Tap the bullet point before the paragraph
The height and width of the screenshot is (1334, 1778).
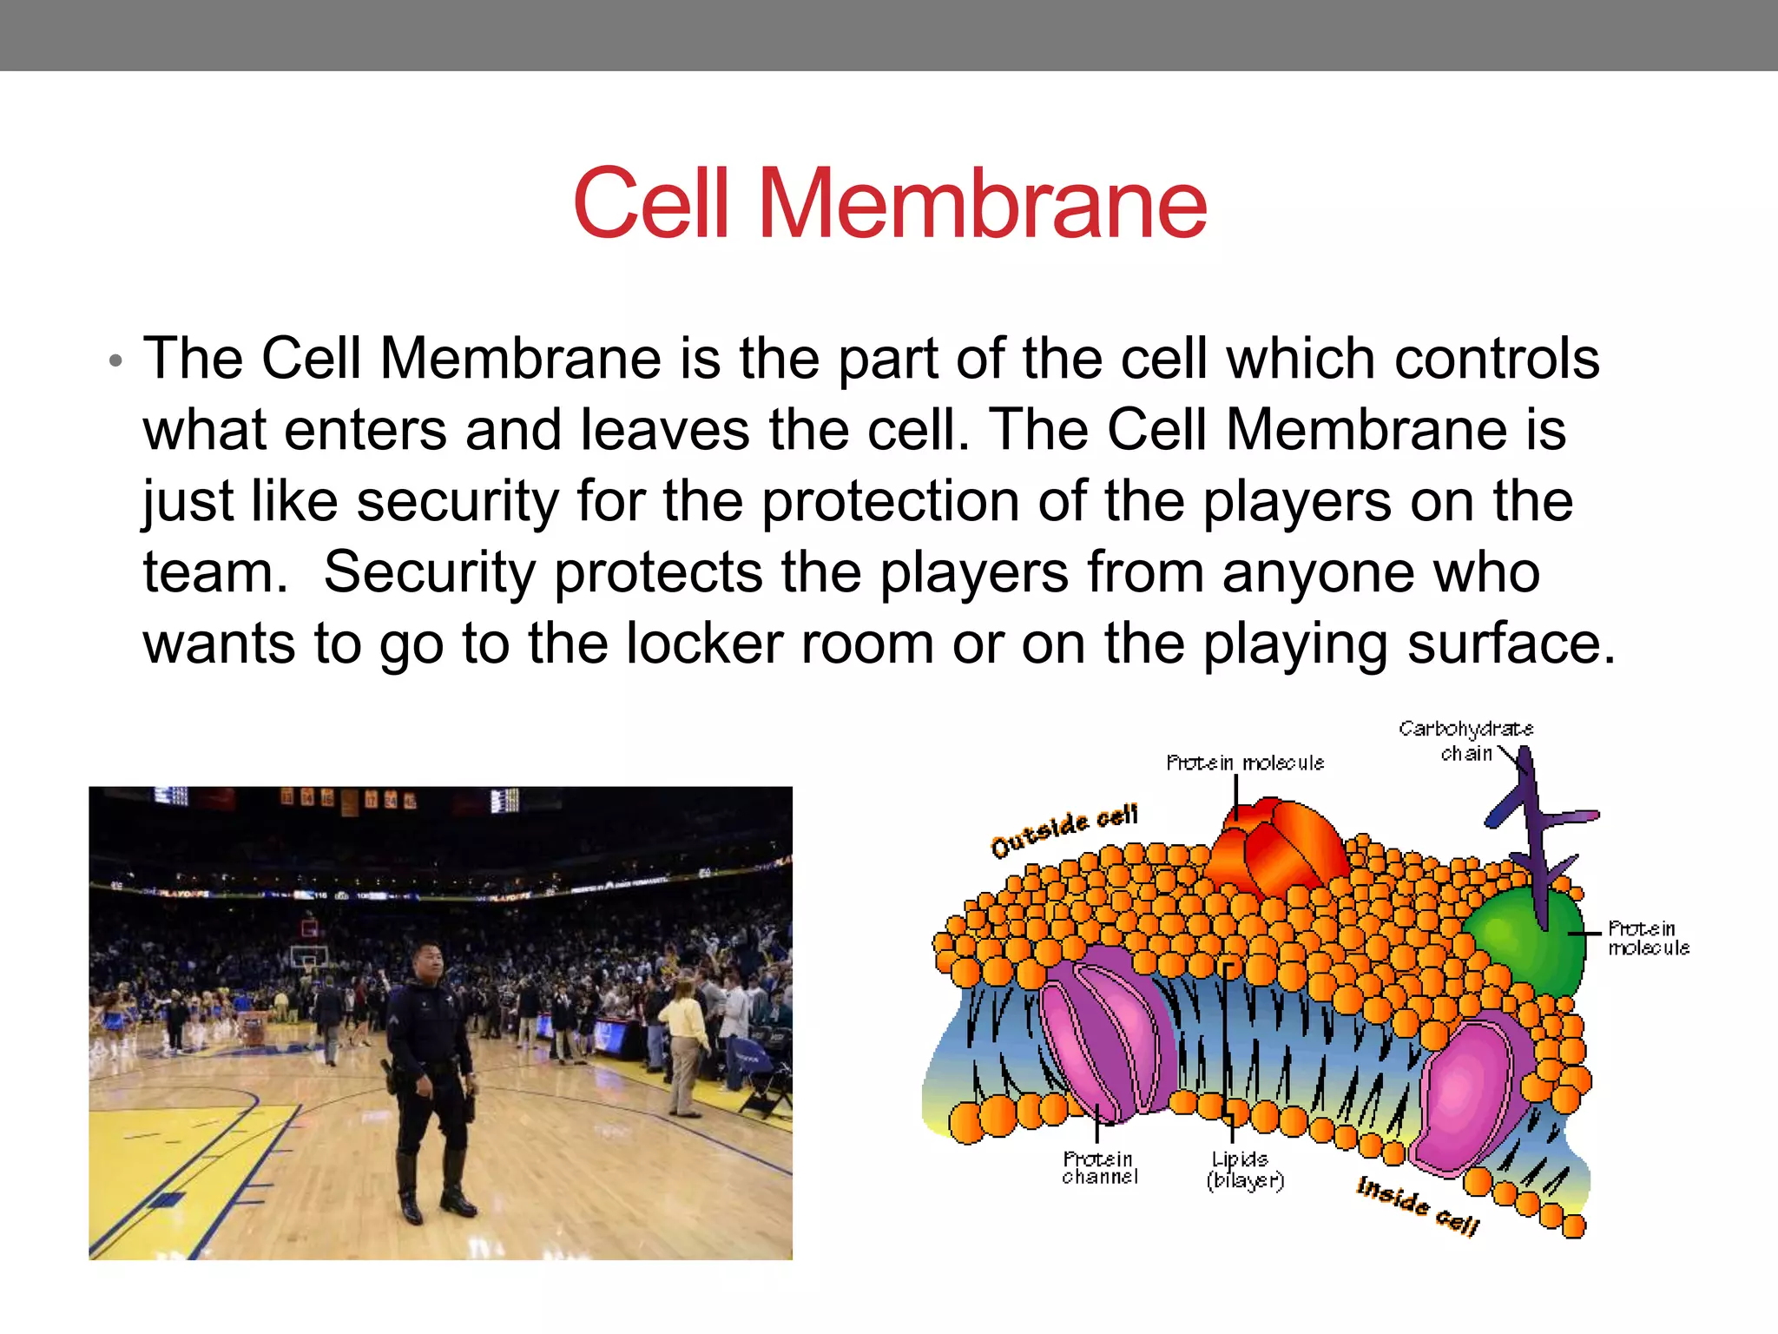[115, 360]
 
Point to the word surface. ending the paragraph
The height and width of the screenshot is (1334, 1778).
[1511, 645]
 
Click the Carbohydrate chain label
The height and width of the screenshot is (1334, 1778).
[1465, 741]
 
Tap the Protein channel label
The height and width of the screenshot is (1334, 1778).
[1099, 1167]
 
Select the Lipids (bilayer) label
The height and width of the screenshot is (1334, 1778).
[1243, 1170]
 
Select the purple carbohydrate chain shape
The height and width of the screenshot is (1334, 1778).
[1533, 825]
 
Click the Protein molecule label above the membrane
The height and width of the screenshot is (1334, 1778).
[1244, 763]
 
